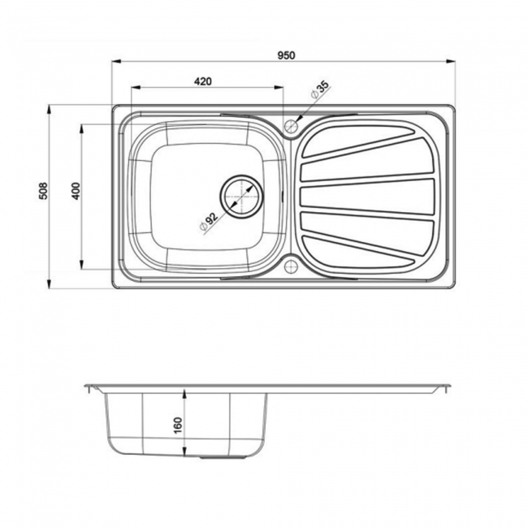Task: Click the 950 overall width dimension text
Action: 284,55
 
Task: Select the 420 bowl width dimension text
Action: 203,80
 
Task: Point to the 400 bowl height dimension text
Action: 76,191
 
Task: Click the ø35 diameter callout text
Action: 318,92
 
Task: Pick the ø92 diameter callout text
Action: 208,221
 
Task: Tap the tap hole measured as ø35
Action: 291,126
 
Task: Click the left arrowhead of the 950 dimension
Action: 115,62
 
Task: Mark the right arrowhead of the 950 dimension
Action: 452,62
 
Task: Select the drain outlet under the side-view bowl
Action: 212,457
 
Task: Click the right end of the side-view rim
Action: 449,387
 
